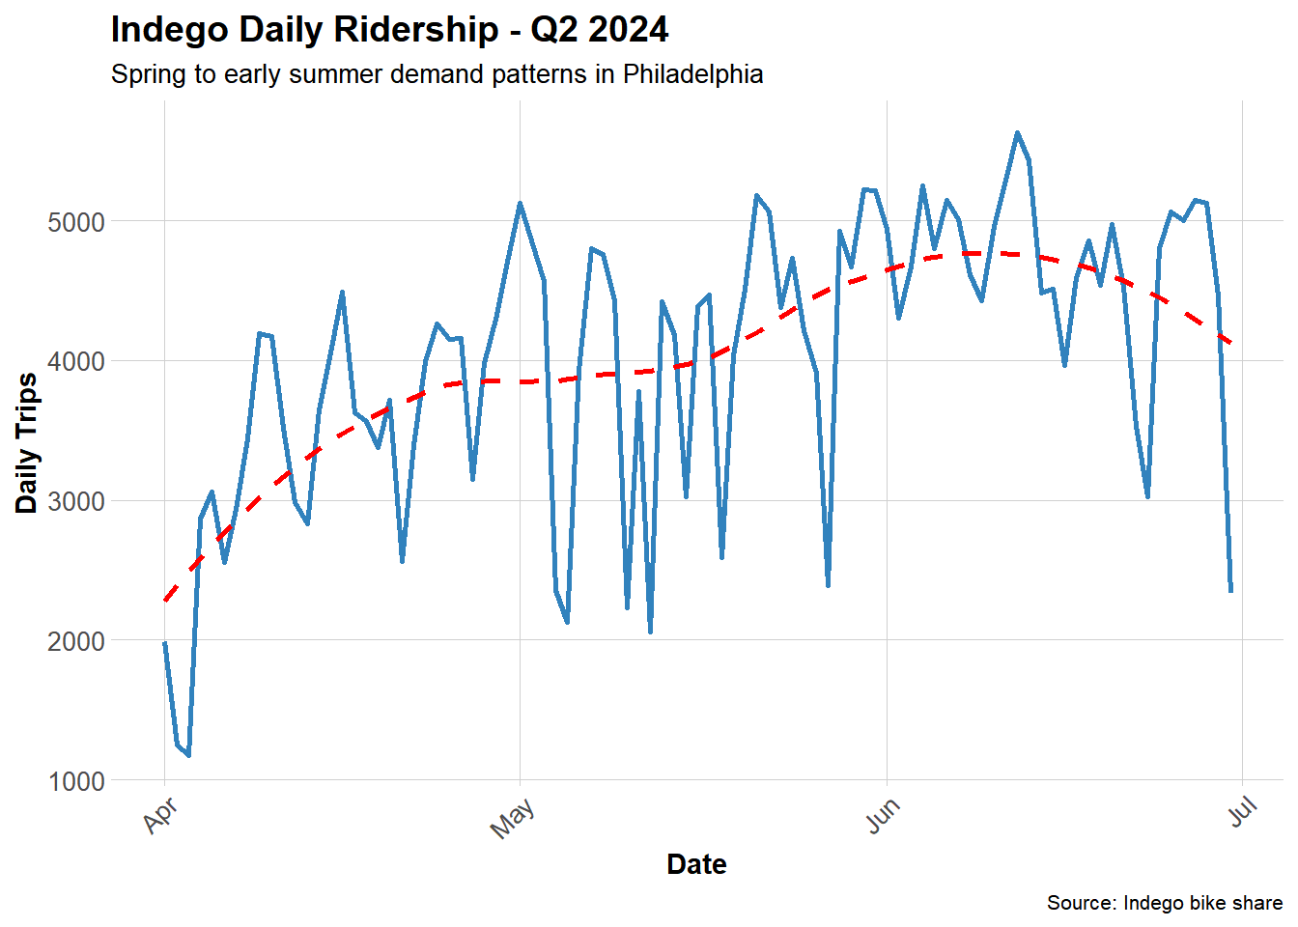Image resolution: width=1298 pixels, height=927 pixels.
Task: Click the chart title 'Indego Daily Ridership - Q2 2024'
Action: pyautogui.click(x=389, y=30)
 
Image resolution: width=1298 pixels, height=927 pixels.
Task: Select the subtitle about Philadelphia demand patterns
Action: pyautogui.click(x=437, y=74)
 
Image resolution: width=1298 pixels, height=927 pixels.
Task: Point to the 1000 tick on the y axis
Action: pyautogui.click(x=76, y=781)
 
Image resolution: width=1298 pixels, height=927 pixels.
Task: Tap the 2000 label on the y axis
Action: pyautogui.click(x=76, y=641)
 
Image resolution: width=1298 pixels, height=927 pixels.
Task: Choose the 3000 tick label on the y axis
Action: pyautogui.click(x=76, y=501)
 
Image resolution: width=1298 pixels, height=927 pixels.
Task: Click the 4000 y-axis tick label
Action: pyautogui.click(x=76, y=361)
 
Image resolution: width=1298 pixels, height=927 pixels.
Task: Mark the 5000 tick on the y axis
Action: pyautogui.click(x=76, y=222)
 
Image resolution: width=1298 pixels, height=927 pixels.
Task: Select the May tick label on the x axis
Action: pyautogui.click(x=512, y=819)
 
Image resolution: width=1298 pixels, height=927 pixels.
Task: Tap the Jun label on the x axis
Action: pyautogui.click(x=882, y=816)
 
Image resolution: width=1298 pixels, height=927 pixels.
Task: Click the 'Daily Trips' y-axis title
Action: pyautogui.click(x=27, y=443)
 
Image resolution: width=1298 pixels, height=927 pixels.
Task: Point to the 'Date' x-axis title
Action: pyautogui.click(x=696, y=864)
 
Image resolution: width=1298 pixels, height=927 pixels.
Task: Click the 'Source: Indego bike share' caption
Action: pyautogui.click(x=1164, y=903)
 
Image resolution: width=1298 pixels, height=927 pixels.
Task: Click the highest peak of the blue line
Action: pyautogui.click(x=1017, y=133)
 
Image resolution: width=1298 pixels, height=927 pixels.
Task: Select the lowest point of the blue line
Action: pyautogui.click(x=188, y=755)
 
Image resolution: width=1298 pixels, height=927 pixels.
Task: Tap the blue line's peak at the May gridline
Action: pyautogui.click(x=520, y=204)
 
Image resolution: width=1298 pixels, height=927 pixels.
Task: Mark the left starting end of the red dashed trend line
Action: pyautogui.click(x=165, y=601)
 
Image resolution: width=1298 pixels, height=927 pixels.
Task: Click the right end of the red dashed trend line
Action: pyautogui.click(x=1230, y=343)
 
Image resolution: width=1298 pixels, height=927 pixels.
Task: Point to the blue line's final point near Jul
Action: pyautogui.click(x=1230, y=591)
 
